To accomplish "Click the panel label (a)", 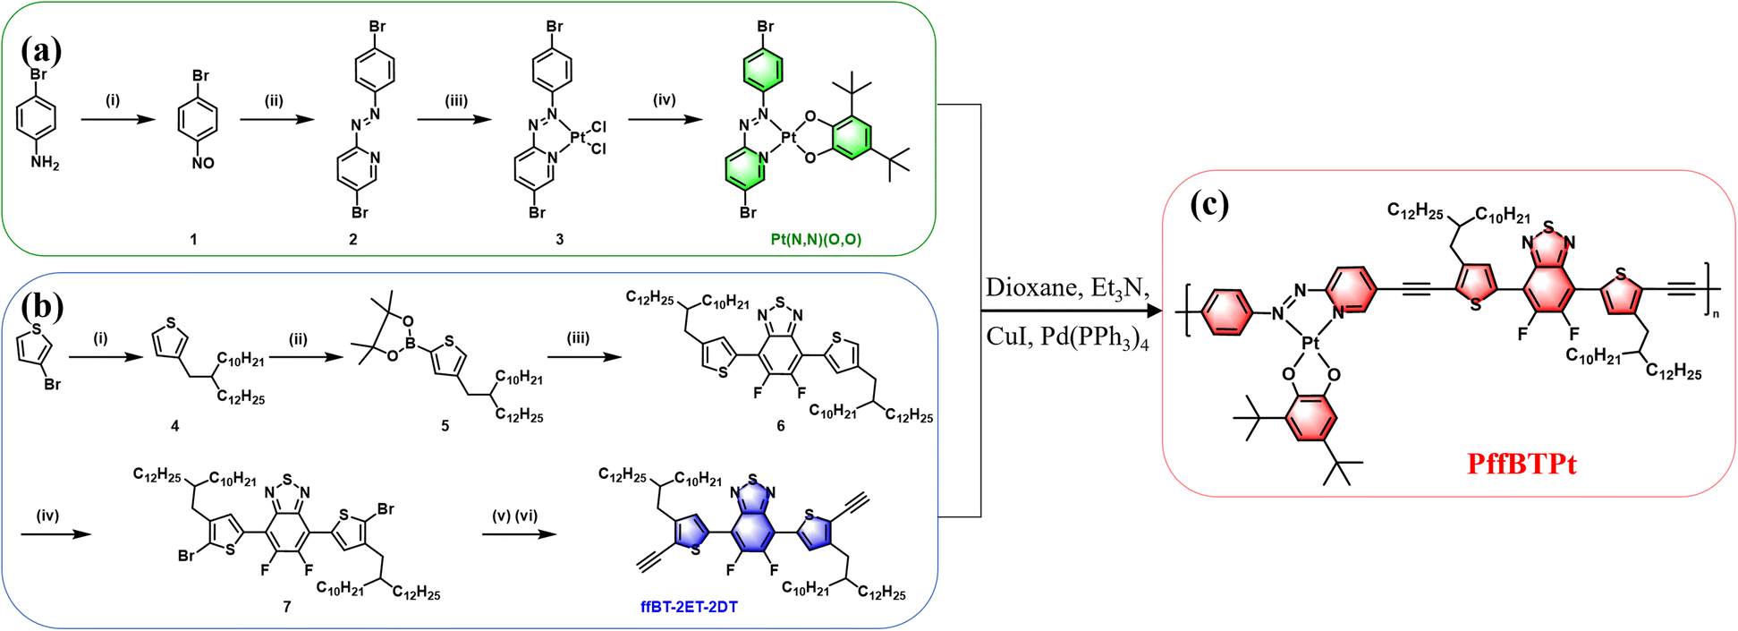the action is [x=41, y=49].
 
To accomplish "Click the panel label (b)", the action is [x=41, y=306].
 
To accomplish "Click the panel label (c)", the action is [x=1209, y=205].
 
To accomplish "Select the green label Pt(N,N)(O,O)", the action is [x=816, y=239].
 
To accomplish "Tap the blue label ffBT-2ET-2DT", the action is [x=689, y=607].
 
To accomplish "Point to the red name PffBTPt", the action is [x=1522, y=464].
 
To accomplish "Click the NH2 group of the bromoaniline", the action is [x=45, y=163].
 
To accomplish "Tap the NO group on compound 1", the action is [x=203, y=163].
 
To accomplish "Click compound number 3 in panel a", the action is [x=560, y=239].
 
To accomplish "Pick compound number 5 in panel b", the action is [x=445, y=426].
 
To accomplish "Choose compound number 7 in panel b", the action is [x=287, y=607].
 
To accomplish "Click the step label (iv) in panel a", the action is [x=664, y=100].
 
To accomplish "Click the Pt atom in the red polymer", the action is [x=1310, y=343].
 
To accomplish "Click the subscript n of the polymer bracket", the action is [x=1715, y=313].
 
